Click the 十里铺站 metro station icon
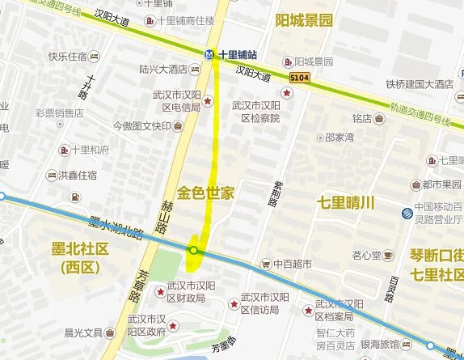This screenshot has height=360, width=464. (209, 53)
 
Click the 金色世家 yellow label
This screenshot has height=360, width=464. (205, 193)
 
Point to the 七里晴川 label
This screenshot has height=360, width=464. (346, 202)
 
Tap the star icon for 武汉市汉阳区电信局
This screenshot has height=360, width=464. (209, 101)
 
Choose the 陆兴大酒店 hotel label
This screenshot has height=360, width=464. (163, 69)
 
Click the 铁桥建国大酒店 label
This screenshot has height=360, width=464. (419, 83)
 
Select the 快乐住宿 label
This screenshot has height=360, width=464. (67, 57)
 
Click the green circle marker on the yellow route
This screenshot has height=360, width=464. (194, 251)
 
